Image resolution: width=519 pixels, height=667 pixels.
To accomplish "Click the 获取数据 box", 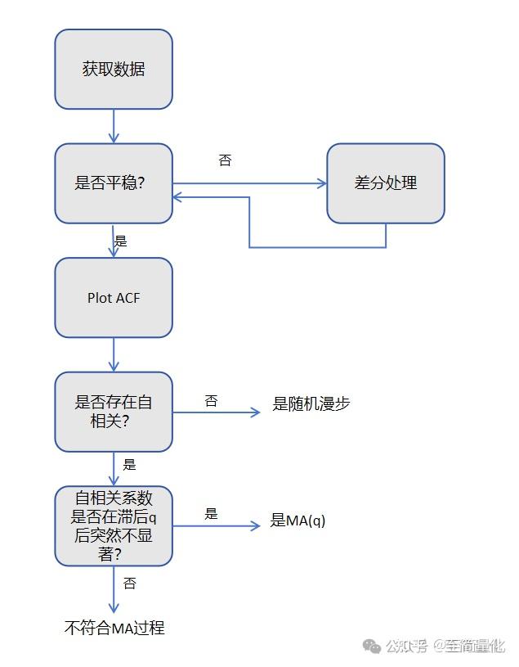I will (x=114, y=70).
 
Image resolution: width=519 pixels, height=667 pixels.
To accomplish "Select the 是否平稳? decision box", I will (x=114, y=183).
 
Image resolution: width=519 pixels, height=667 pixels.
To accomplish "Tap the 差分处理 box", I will (x=386, y=183).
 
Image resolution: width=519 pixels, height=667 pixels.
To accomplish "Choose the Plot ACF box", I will (x=114, y=298).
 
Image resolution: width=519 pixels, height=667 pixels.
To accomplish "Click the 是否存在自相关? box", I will (x=114, y=412).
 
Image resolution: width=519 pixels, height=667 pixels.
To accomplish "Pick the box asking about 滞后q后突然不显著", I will (x=114, y=525).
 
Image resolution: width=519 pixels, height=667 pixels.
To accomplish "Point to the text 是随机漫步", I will (x=311, y=403).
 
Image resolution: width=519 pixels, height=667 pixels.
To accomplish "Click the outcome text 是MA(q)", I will (x=298, y=521).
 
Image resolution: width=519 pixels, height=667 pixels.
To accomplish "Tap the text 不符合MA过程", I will (x=114, y=629).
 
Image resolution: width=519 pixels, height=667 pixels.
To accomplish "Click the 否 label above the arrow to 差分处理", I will (x=225, y=160).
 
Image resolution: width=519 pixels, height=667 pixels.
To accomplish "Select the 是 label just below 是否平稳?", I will (x=121, y=241).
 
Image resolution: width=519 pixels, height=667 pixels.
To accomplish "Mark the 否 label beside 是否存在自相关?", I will (x=211, y=401).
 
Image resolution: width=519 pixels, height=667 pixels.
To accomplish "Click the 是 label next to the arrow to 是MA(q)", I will (x=211, y=514).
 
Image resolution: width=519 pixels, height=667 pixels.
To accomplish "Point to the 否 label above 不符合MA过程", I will (x=129, y=584).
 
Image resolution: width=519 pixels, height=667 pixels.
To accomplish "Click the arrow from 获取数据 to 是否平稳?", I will (x=114, y=126).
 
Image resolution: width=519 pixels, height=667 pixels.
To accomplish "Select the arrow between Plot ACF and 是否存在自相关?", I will (x=114, y=354).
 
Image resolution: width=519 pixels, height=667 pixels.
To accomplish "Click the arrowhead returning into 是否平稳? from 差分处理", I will (x=177, y=197).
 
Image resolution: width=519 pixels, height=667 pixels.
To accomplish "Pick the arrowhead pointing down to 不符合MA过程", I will (x=114, y=606).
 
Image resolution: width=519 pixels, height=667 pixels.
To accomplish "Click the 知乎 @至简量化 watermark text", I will (x=445, y=647).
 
